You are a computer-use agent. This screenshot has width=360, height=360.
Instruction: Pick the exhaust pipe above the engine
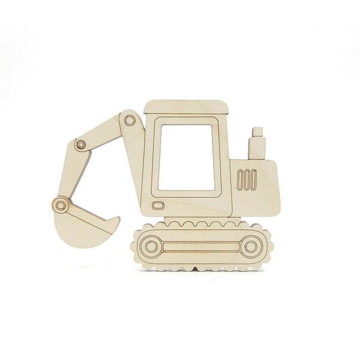[257, 148]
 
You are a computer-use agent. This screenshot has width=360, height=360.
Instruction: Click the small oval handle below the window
[158, 205]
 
